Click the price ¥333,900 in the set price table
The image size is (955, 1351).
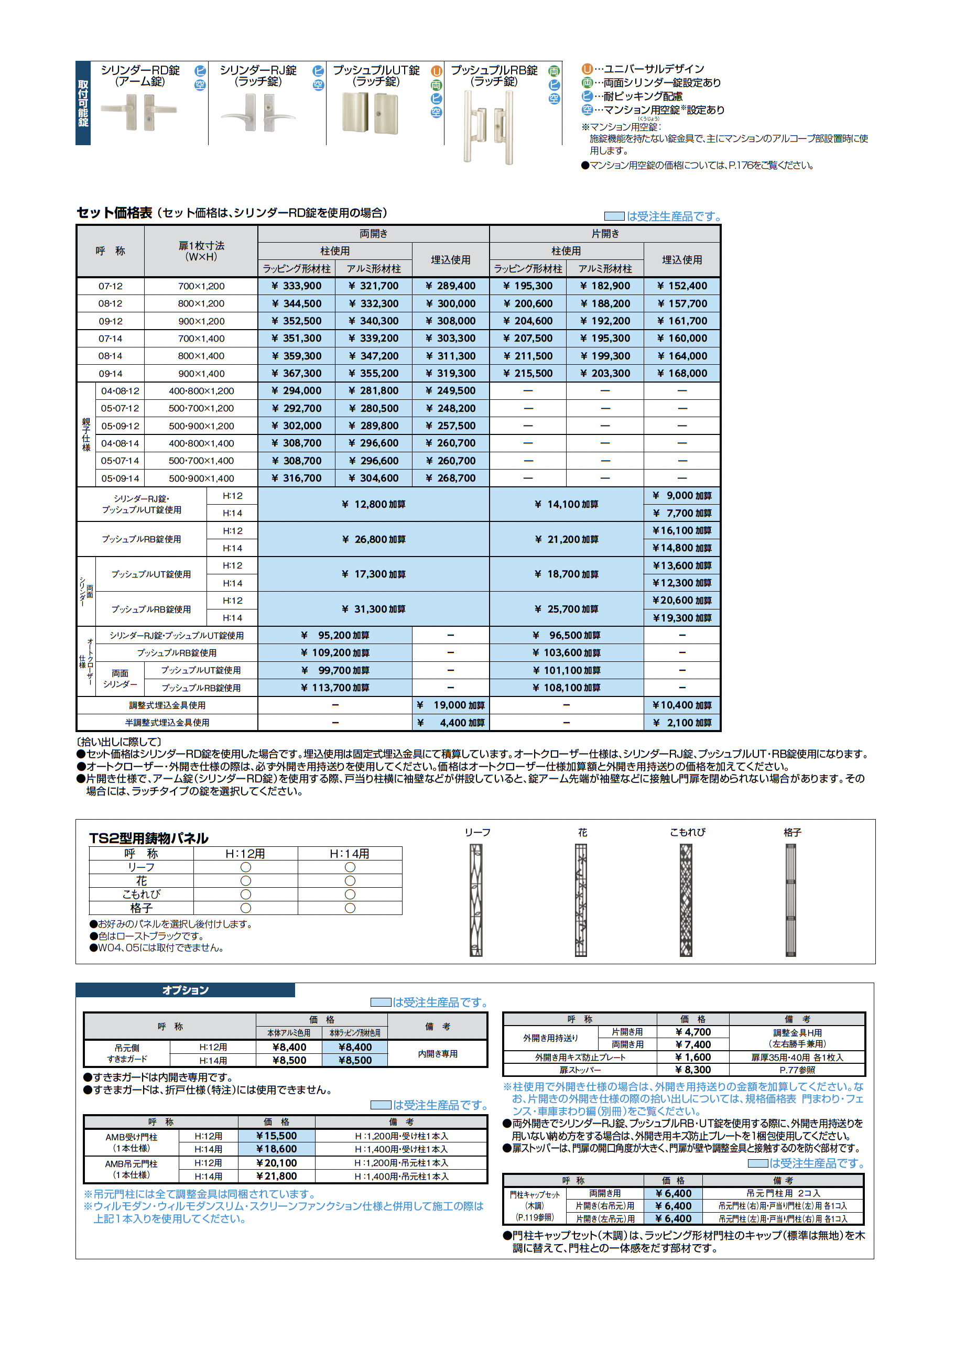click(x=297, y=286)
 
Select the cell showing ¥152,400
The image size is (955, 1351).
click(x=682, y=286)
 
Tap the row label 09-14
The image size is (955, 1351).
click(x=110, y=374)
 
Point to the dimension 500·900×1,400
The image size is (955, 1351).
click(x=201, y=478)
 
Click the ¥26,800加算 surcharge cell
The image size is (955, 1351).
click(x=374, y=540)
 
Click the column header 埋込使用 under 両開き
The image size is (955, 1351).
click(x=451, y=259)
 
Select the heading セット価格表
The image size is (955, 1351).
click(x=115, y=213)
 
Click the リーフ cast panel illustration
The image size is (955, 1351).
click(x=476, y=900)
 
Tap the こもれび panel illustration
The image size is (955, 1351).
click(x=686, y=900)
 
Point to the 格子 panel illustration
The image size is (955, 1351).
click(x=791, y=900)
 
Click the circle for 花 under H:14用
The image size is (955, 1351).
click(x=350, y=881)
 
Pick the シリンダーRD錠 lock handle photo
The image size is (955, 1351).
click(x=139, y=112)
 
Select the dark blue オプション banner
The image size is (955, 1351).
click(x=186, y=990)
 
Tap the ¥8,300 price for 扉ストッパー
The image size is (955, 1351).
click(x=693, y=1070)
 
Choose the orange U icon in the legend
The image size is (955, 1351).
click(x=587, y=69)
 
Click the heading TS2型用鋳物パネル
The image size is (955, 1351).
click(x=149, y=838)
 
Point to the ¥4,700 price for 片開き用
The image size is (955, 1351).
click(x=693, y=1032)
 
